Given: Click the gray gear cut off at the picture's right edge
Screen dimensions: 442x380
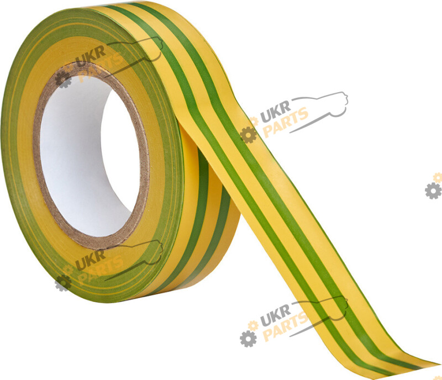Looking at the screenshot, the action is tap(434, 191).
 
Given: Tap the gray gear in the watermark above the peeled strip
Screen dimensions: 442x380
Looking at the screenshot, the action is tap(248, 135).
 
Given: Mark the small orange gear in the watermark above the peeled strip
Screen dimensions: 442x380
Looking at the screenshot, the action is tap(254, 122).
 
